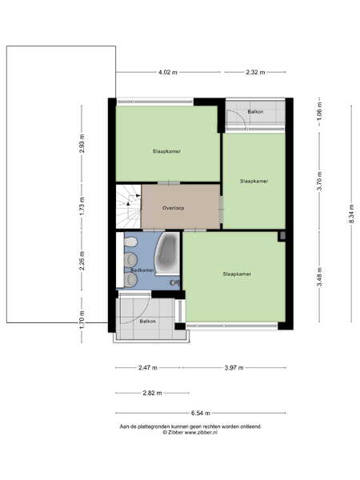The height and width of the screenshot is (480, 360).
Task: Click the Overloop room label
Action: pos(174,208)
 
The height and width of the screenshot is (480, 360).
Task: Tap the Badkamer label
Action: pos(142,270)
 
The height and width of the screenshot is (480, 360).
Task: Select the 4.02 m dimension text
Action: pos(168,73)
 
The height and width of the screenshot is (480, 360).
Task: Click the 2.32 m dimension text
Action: pos(255,73)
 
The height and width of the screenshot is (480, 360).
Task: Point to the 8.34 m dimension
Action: pos(351,214)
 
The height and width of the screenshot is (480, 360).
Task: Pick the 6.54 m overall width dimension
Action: pos(201,413)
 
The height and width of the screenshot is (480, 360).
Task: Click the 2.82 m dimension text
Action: pos(152,393)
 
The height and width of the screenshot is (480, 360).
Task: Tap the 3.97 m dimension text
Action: pos(234,368)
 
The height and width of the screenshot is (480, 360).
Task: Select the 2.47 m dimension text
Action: pos(147,368)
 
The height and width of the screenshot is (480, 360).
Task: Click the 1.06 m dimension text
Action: pos(319,110)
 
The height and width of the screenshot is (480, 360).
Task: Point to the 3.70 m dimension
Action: pos(319,182)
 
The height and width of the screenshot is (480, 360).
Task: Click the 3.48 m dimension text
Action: pos(319,278)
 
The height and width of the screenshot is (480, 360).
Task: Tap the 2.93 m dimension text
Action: pos(82,143)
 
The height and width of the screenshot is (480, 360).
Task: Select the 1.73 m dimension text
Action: pos(82,206)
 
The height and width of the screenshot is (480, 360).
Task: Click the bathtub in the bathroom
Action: pos(167,254)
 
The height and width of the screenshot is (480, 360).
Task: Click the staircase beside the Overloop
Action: pos(129,206)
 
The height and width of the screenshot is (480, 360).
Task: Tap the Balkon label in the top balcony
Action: pos(255,112)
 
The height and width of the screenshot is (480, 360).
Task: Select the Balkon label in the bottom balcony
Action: pos(147,322)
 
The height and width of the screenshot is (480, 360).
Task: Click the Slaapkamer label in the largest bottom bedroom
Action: pos(237,274)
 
